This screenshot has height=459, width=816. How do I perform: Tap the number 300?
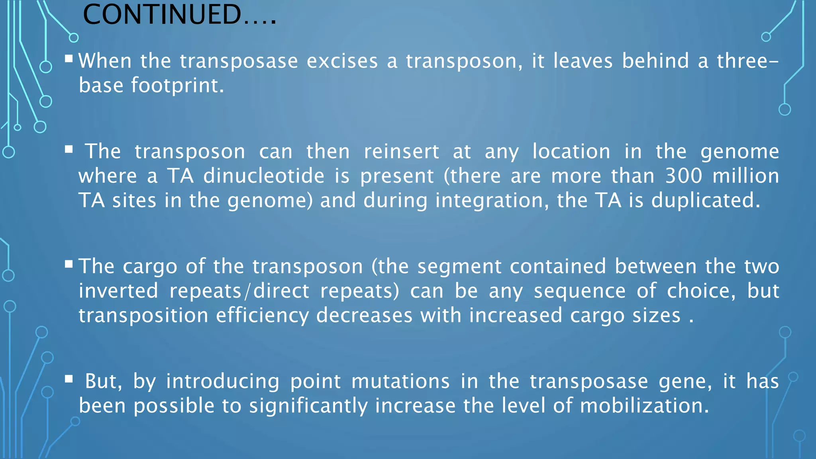click(684, 176)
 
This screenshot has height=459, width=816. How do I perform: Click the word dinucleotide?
click(264, 176)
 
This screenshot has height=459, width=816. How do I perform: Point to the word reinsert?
click(401, 152)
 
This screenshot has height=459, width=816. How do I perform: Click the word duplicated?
click(705, 200)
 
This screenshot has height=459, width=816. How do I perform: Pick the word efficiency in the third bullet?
click(262, 316)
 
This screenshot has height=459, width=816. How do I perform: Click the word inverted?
click(118, 291)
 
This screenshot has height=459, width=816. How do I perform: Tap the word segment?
click(459, 267)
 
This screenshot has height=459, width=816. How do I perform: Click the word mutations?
click(400, 381)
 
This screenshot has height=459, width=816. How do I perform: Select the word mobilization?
click(644, 406)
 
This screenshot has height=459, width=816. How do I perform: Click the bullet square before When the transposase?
click(69, 59)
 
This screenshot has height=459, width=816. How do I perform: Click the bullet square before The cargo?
click(69, 264)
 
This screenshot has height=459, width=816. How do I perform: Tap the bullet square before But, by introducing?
click(69, 379)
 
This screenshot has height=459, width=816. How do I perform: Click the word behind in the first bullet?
click(655, 61)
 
